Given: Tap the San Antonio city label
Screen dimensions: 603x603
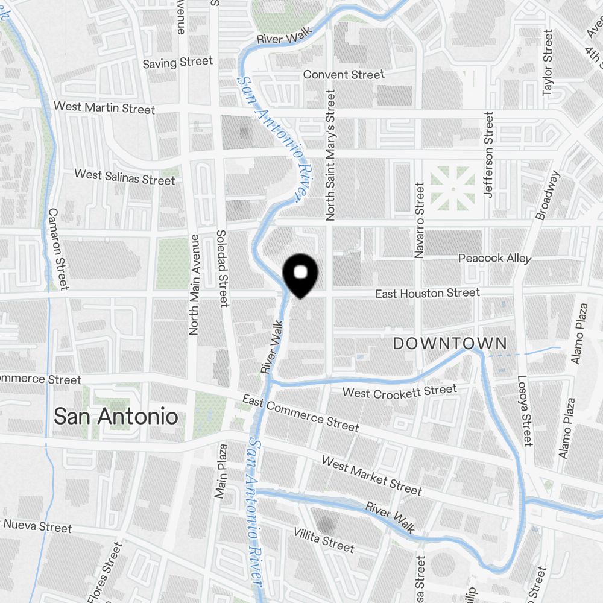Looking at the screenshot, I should [x=116, y=416].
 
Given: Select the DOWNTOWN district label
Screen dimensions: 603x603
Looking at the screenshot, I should [x=450, y=344].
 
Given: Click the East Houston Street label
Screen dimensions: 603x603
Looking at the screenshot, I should [x=428, y=294].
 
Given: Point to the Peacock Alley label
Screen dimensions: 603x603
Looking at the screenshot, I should [x=494, y=258].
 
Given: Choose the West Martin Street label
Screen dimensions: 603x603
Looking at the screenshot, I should [x=104, y=107].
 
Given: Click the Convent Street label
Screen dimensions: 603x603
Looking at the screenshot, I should [x=344, y=75].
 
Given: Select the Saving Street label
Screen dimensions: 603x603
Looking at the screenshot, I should [x=178, y=62].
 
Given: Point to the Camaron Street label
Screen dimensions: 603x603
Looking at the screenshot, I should [x=58, y=248].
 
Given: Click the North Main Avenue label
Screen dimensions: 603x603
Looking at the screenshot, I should [x=194, y=284].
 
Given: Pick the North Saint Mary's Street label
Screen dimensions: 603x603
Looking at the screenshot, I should [x=330, y=154].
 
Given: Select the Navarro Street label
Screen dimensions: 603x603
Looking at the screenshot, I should [x=420, y=221].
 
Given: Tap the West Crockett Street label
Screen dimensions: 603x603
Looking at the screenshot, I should [x=400, y=392].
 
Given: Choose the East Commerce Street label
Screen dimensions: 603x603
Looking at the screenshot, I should [x=300, y=413].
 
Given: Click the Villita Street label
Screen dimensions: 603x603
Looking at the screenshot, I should [x=324, y=538].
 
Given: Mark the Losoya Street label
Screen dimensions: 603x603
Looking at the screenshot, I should [x=524, y=411].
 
